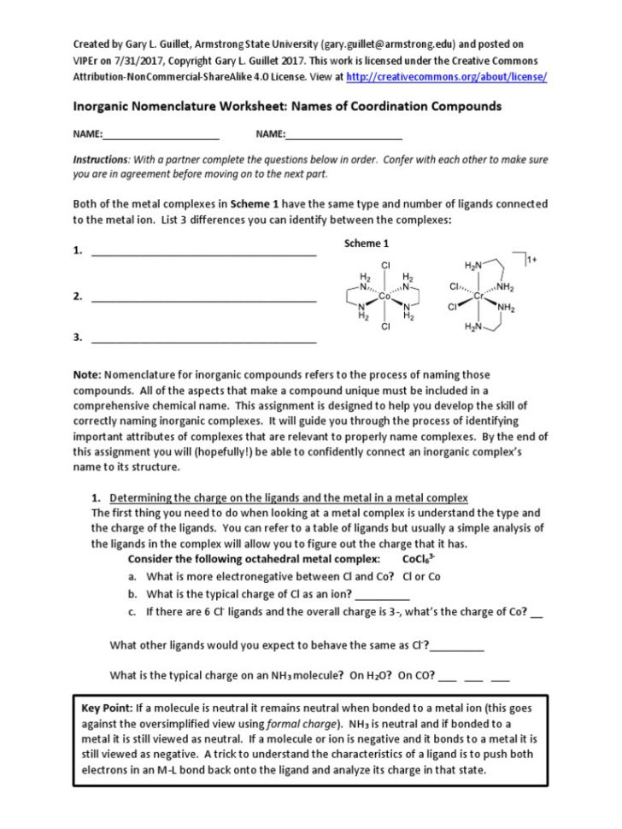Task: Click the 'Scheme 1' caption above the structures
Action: [367, 244]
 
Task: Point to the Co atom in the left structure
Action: [385, 296]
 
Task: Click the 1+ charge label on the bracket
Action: [531, 259]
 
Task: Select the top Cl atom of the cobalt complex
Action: [385, 266]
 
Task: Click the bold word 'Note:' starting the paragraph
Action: [86, 375]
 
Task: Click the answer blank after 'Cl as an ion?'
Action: [381, 595]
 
